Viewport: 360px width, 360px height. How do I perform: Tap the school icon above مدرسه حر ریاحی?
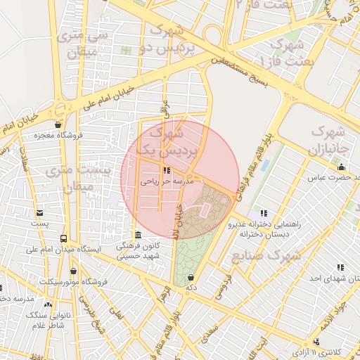pyautogui.click(x=166, y=170)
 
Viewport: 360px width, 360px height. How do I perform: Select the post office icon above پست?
pyautogui.click(x=39, y=212)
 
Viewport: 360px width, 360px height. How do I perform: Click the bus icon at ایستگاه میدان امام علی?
pyautogui.click(x=64, y=238)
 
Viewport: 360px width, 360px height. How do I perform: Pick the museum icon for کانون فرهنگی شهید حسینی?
pyautogui.click(x=138, y=235)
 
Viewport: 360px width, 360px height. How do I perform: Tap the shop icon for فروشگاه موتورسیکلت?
pyautogui.click(x=73, y=271)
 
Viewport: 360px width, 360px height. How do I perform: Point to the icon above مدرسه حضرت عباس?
pyautogui.click(x=341, y=167)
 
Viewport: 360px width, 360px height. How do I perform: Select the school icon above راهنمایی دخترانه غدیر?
pyautogui.click(x=263, y=213)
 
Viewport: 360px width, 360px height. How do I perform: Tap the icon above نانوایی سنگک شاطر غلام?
pyautogui.click(x=48, y=304)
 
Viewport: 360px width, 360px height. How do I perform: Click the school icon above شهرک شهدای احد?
pyautogui.click(x=341, y=267)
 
